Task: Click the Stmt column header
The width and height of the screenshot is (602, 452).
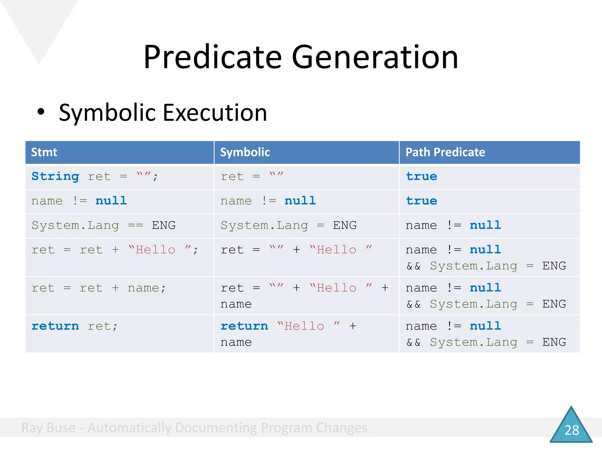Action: pos(44,152)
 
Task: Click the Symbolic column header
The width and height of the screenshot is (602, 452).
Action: pos(245,152)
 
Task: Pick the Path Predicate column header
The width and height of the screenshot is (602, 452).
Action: pos(445,152)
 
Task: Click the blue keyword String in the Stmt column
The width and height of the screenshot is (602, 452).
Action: pos(55,177)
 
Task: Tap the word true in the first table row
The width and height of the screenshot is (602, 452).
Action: pos(422,177)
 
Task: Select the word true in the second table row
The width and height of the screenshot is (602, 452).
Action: pos(422,201)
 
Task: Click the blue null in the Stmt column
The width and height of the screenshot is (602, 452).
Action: pos(111,201)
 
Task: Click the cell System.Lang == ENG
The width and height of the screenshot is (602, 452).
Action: pos(103,226)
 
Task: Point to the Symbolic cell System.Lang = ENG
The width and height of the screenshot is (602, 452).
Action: pos(288,226)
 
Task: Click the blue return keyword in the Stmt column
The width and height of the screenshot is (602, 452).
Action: pos(55,326)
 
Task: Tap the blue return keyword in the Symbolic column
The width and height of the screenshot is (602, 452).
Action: pos(244,326)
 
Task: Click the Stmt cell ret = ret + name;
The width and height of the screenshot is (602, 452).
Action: pos(99,288)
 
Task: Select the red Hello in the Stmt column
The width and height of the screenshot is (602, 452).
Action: pos(155,250)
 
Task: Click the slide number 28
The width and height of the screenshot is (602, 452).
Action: pos(572,430)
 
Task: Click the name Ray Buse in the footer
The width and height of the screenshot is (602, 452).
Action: pos(49,428)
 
